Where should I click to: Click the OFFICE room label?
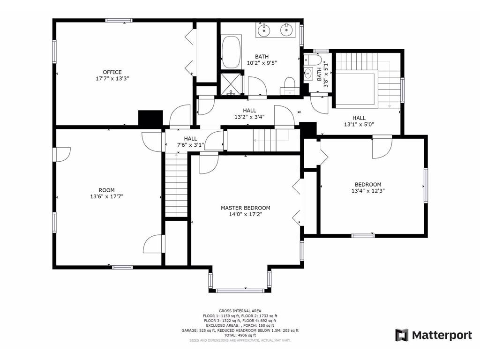[x=112, y=72]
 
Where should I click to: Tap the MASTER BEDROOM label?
[x=246, y=208]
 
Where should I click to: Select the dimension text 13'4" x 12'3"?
[x=368, y=191]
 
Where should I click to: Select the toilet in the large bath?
[x=289, y=87]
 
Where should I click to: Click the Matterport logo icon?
[x=402, y=335]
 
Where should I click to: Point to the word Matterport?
[x=442, y=335]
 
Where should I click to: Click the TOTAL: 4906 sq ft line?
[x=239, y=336]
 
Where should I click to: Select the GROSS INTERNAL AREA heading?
[x=240, y=311]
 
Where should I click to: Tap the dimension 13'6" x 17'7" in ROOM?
[x=106, y=197]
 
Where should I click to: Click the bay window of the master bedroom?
[x=240, y=290]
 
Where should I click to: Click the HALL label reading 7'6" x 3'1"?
[x=190, y=142]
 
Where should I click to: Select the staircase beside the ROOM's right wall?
[x=177, y=187]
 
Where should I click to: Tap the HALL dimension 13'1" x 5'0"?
[x=359, y=125]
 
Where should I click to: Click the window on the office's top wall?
[x=118, y=20]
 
